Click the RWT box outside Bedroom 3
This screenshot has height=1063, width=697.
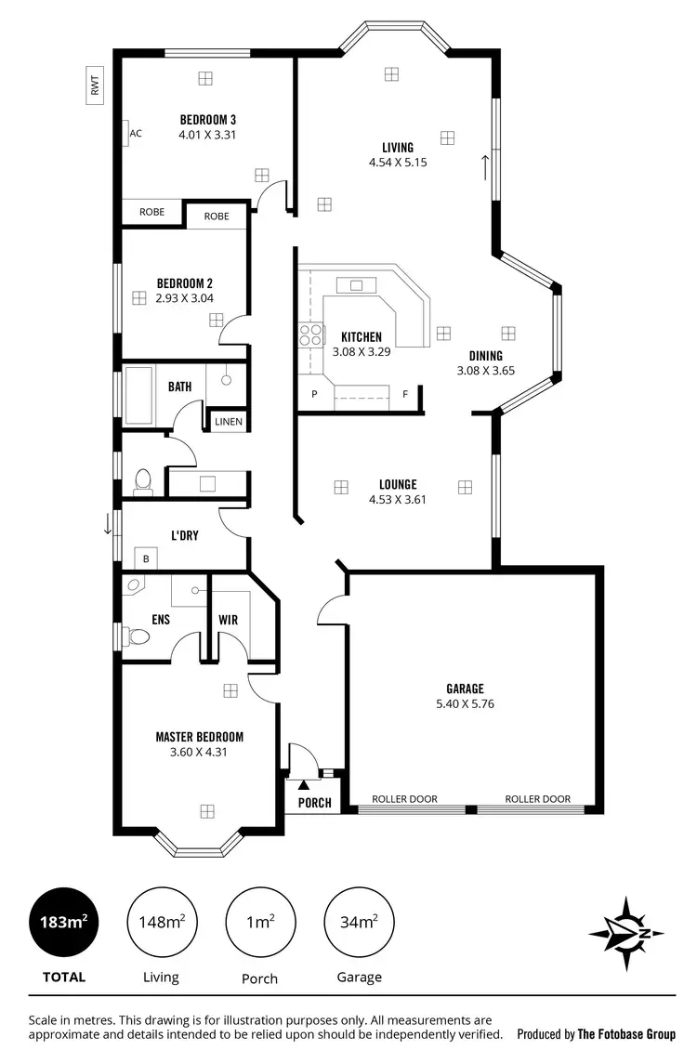click(x=94, y=85)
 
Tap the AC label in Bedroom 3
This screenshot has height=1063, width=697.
click(x=135, y=134)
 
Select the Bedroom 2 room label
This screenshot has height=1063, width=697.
click(x=185, y=283)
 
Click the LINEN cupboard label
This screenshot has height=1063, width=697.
click(x=228, y=422)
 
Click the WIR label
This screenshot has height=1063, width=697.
click(x=228, y=619)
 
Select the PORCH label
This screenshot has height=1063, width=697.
click(x=314, y=803)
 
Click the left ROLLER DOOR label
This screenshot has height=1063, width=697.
click(x=404, y=799)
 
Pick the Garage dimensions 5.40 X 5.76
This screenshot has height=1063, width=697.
click(x=465, y=703)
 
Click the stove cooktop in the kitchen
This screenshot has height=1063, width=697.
click(x=310, y=335)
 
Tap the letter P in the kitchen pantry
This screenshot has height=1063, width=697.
click(x=314, y=394)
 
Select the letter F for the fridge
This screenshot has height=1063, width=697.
click(x=405, y=394)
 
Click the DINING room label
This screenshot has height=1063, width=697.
click(x=485, y=356)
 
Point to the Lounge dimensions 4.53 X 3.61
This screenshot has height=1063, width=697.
click(x=397, y=499)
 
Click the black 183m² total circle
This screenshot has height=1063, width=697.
click(x=64, y=923)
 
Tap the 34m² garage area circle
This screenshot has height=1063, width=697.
click(x=359, y=923)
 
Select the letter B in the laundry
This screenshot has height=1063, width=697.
click(x=145, y=558)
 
